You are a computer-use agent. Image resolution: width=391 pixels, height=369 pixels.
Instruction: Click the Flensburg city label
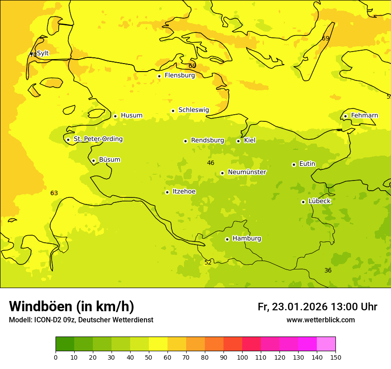pos(180,76)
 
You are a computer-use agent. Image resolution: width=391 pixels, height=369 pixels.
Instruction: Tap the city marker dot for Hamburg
pos(227,239)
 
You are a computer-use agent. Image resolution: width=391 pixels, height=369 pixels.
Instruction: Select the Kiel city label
pos(250,140)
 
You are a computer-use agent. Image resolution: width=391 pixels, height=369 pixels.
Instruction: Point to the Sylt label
pos(43,53)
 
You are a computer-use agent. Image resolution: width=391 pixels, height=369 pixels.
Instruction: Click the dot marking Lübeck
pos(303,202)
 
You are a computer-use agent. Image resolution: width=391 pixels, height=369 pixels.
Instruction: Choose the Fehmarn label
pos(364,116)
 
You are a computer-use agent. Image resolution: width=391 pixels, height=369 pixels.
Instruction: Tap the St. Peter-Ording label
pos(98,139)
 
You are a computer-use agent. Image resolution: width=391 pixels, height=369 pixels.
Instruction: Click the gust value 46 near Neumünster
pos(211,163)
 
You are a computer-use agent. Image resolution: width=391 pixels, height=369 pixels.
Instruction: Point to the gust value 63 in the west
pos(54,193)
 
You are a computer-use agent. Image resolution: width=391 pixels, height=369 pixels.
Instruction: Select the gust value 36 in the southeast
pos(328,270)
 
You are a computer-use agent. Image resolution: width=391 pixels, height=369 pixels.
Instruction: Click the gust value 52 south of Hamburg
pos(208,263)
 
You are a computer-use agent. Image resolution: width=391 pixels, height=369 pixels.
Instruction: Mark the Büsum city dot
pos(93,160)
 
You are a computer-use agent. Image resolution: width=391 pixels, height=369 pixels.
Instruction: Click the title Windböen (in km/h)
pos(72,306)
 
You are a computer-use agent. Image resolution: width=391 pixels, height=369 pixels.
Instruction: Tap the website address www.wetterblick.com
pos(320,320)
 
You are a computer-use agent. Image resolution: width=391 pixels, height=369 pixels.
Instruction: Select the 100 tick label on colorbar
pos(242,357)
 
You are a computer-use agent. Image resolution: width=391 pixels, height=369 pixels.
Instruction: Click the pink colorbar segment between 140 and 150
pos(326,344)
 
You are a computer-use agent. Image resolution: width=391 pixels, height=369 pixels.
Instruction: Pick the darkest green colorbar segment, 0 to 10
pos(65,344)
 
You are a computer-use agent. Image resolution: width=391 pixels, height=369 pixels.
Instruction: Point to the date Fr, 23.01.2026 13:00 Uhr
pos(317,307)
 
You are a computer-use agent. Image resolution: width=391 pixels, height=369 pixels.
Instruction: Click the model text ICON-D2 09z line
pos(81,320)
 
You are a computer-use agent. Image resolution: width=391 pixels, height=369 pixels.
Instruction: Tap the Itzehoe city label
pos(184,192)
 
